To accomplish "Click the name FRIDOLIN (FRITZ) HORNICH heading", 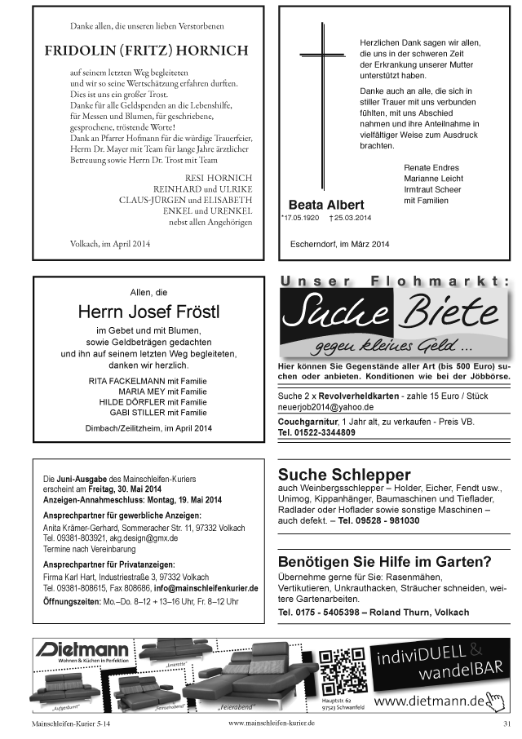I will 146,51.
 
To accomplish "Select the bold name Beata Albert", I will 326,204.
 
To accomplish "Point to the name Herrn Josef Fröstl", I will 148,312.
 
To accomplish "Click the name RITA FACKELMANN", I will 126,381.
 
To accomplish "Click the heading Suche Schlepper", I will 344,475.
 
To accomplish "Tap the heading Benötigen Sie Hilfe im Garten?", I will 384,561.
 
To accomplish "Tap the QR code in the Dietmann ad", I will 342,669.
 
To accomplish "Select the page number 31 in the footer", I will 507,723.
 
